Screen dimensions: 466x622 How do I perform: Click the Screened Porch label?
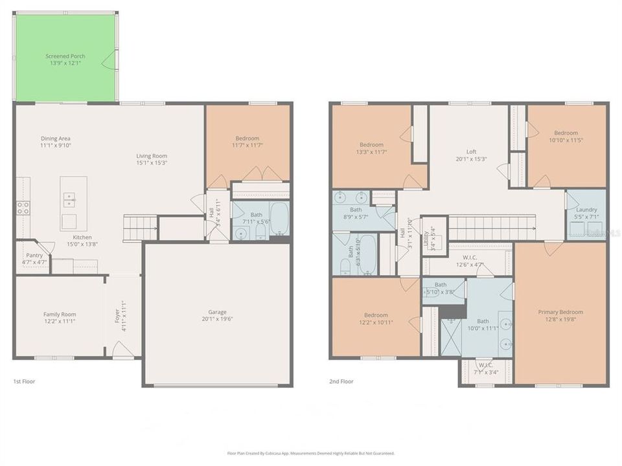(65, 56)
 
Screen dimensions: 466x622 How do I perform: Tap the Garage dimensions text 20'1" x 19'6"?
(217, 318)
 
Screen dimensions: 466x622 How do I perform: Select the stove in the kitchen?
(23, 208)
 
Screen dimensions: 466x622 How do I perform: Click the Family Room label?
(60, 314)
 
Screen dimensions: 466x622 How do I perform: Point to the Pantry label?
(34, 255)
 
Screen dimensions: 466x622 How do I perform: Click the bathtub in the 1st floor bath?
(279, 219)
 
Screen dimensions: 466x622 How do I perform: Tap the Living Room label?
(152, 155)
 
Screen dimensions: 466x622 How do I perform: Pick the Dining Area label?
(55, 139)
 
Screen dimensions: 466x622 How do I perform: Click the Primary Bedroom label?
(560, 312)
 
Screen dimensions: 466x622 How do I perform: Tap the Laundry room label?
(586, 210)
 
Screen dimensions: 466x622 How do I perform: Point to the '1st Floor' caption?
(24, 381)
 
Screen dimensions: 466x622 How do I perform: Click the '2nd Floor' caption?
(341, 381)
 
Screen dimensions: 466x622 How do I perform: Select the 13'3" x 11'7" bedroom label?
(371, 144)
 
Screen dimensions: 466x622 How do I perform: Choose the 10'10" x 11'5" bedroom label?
(566, 133)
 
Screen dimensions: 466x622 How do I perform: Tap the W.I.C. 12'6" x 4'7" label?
(470, 256)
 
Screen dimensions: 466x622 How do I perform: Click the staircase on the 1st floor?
(140, 228)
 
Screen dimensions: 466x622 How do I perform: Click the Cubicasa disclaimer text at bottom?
(310, 454)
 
